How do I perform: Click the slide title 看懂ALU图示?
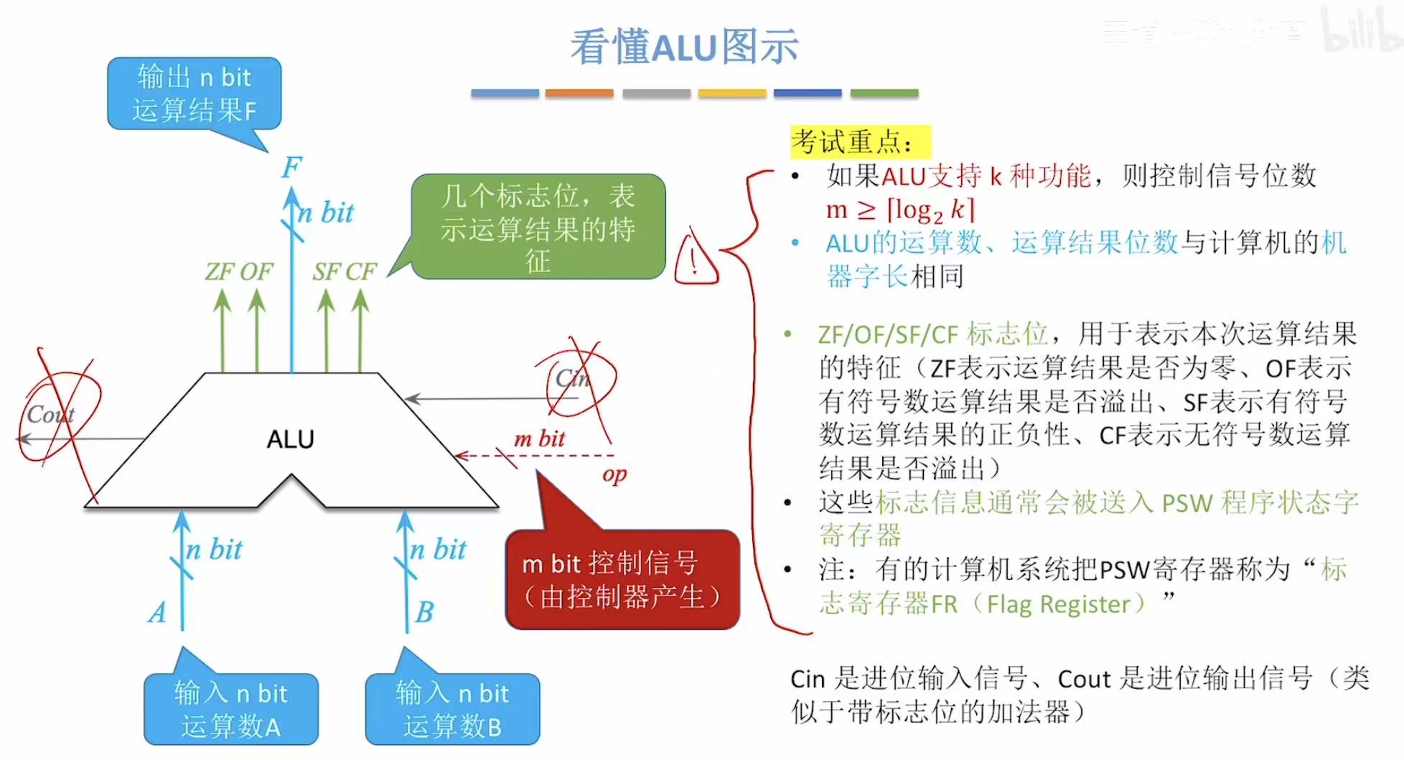(x=684, y=47)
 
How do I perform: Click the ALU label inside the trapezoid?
(x=290, y=438)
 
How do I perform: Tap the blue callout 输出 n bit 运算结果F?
(x=194, y=93)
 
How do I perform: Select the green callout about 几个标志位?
(x=538, y=227)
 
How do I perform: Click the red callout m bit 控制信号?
(x=622, y=580)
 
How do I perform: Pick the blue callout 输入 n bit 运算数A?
(x=230, y=709)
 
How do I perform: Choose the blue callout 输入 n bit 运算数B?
(x=452, y=709)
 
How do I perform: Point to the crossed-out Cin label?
(x=572, y=378)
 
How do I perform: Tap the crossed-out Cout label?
(x=50, y=414)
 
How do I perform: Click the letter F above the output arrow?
(x=291, y=168)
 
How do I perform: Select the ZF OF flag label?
(x=238, y=271)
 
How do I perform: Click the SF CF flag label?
(x=344, y=271)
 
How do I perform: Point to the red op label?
(x=614, y=474)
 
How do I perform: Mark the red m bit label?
(x=540, y=438)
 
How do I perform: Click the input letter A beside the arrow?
(x=158, y=612)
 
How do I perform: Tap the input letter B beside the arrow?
(x=425, y=612)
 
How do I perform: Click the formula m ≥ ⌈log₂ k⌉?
(x=900, y=210)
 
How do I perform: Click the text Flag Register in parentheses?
(x=1065, y=604)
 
